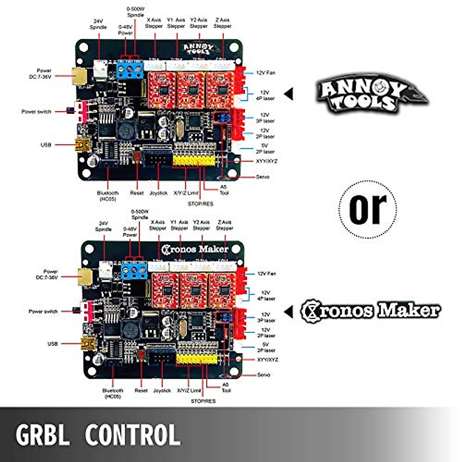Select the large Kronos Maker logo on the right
370,311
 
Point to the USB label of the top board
46,145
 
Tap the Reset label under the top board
137,193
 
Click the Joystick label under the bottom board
162,390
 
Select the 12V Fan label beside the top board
266,73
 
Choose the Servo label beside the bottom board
263,375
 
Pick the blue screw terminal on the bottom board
134,271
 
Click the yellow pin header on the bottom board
196,360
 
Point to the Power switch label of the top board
36,112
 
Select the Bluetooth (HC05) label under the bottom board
112,393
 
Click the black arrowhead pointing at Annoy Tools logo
289,94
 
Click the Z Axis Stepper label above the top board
223,23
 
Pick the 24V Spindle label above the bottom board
103,226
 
